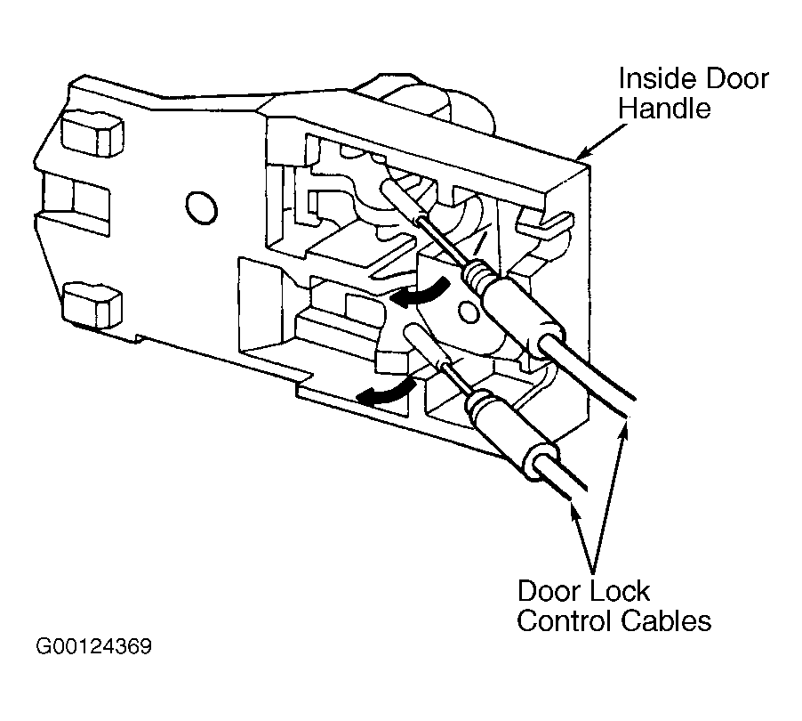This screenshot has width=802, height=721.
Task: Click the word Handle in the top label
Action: click(665, 109)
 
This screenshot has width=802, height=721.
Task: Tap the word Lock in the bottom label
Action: click(618, 591)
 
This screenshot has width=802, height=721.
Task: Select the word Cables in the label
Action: click(667, 620)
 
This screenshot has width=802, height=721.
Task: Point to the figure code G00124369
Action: click(94, 647)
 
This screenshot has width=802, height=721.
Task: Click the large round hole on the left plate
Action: click(201, 207)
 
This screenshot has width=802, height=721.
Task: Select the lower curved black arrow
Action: click(386, 392)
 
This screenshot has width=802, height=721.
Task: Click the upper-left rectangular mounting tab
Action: click(92, 134)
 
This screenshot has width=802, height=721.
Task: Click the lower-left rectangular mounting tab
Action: click(92, 304)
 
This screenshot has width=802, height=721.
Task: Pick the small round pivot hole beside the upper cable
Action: click(469, 312)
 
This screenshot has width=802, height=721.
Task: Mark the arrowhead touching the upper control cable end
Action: click(623, 428)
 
